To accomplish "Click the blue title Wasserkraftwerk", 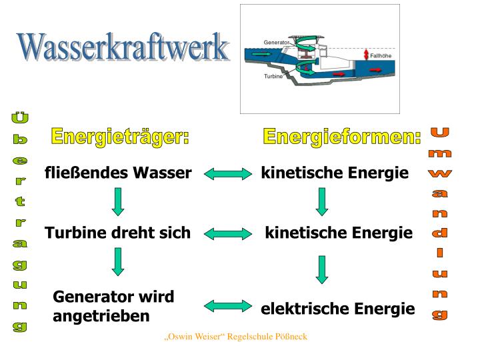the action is click(x=123, y=47).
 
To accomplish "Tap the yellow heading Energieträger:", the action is click(x=120, y=137).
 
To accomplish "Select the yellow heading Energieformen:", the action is click(x=342, y=137).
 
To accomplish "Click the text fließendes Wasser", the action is click(x=118, y=173).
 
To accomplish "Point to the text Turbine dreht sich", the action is click(x=117, y=233).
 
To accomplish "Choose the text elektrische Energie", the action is click(x=337, y=309).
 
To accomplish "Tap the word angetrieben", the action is click(x=101, y=316).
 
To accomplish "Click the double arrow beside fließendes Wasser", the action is click(x=228, y=173).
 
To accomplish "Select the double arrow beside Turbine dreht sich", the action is click(x=228, y=234).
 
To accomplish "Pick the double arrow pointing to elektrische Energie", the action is click(x=228, y=306).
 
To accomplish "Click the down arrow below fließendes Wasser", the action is click(x=118, y=202).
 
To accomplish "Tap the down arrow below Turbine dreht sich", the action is click(x=118, y=262).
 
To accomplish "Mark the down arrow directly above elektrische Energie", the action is click(x=322, y=270).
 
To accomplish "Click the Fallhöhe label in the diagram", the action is click(x=381, y=56).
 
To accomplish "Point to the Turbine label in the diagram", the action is click(x=273, y=76).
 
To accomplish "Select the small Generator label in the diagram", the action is click(x=277, y=43).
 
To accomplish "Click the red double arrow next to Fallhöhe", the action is click(x=366, y=55).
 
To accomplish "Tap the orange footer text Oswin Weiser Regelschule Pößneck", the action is click(x=236, y=337).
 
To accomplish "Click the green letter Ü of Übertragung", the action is click(x=20, y=117).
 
